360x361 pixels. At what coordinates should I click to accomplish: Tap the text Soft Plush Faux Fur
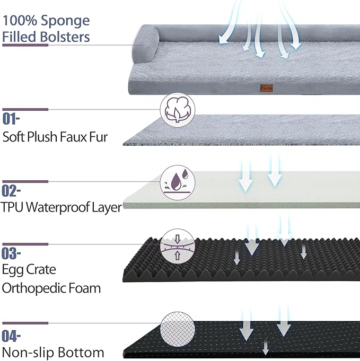55,137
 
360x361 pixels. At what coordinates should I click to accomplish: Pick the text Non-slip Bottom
53,353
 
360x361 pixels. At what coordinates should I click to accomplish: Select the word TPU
12,207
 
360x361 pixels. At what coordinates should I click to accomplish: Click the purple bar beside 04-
25,323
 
